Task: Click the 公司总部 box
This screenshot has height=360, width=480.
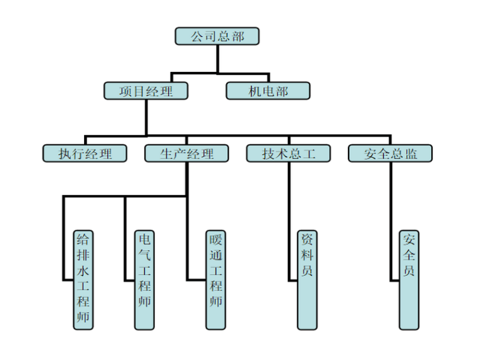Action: pyautogui.click(x=217, y=37)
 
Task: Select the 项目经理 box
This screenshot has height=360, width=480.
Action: pyautogui.click(x=146, y=91)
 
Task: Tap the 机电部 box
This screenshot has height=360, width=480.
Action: pyautogui.click(x=268, y=91)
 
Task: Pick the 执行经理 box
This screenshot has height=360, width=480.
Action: pyautogui.click(x=85, y=153)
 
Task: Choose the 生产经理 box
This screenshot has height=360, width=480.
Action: pyautogui.click(x=187, y=153)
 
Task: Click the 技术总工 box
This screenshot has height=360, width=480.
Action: pyautogui.click(x=289, y=153)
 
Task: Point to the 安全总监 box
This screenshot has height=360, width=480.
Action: pyautogui.click(x=390, y=153)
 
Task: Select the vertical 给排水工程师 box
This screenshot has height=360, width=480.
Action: pyautogui.click(x=83, y=279)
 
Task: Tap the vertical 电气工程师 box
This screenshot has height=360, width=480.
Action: pyautogui.click(x=144, y=279)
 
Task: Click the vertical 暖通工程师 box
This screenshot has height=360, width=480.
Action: pyautogui.click(x=216, y=279)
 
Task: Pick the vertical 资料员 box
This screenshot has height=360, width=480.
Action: pyautogui.click(x=307, y=279)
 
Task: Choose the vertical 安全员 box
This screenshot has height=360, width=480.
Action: pyautogui.click(x=409, y=279)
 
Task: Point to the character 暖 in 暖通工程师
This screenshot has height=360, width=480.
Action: pyautogui.click(x=216, y=241)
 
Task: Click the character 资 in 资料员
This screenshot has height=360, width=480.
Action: pyautogui.click(x=307, y=241)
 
